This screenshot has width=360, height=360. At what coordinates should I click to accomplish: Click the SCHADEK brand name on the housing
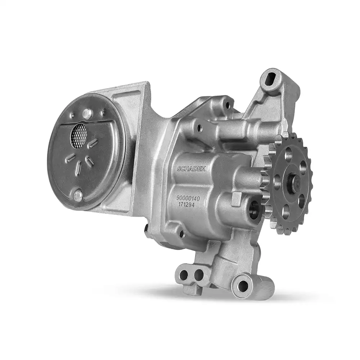[x=191, y=168]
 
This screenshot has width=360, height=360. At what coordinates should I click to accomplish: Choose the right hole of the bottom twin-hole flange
[x=199, y=276]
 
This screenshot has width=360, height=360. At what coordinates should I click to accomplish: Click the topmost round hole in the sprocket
[x=288, y=154]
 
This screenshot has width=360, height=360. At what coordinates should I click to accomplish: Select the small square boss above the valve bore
[x=237, y=197]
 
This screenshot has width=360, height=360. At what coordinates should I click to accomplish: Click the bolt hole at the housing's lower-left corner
[x=183, y=234]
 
